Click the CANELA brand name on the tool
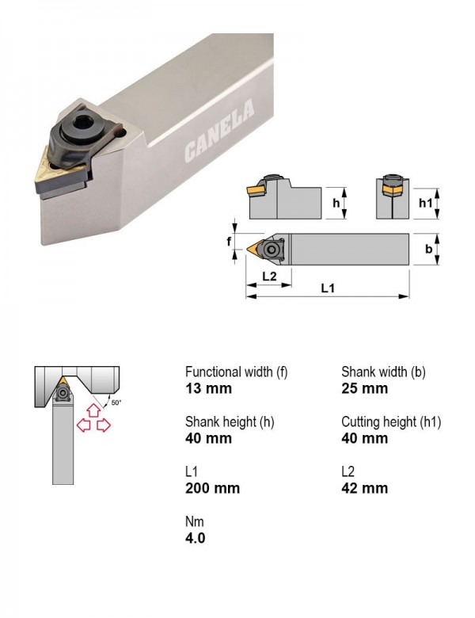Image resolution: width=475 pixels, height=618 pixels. click(x=219, y=132)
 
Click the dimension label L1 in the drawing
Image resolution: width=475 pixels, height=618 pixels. click(x=327, y=288)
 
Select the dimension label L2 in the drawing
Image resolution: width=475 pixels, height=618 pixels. click(x=269, y=276)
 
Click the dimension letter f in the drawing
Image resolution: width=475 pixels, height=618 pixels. click(x=229, y=241)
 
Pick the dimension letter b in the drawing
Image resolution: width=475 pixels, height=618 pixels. click(x=428, y=249)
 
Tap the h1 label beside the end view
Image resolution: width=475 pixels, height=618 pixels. click(x=425, y=203)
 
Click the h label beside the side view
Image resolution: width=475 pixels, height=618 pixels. click(x=336, y=203)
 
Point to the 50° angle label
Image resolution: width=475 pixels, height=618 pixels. click(x=116, y=402)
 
